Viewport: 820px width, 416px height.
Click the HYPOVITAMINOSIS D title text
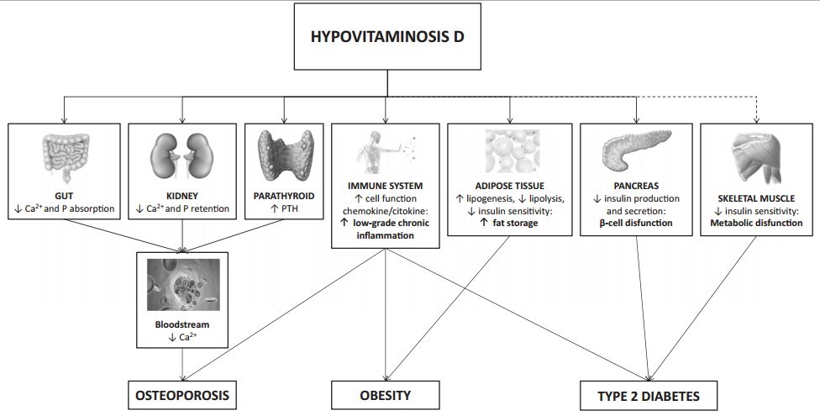tap(388, 39)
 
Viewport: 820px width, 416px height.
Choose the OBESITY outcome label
tap(386, 394)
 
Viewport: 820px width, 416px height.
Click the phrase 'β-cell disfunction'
tap(637, 224)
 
